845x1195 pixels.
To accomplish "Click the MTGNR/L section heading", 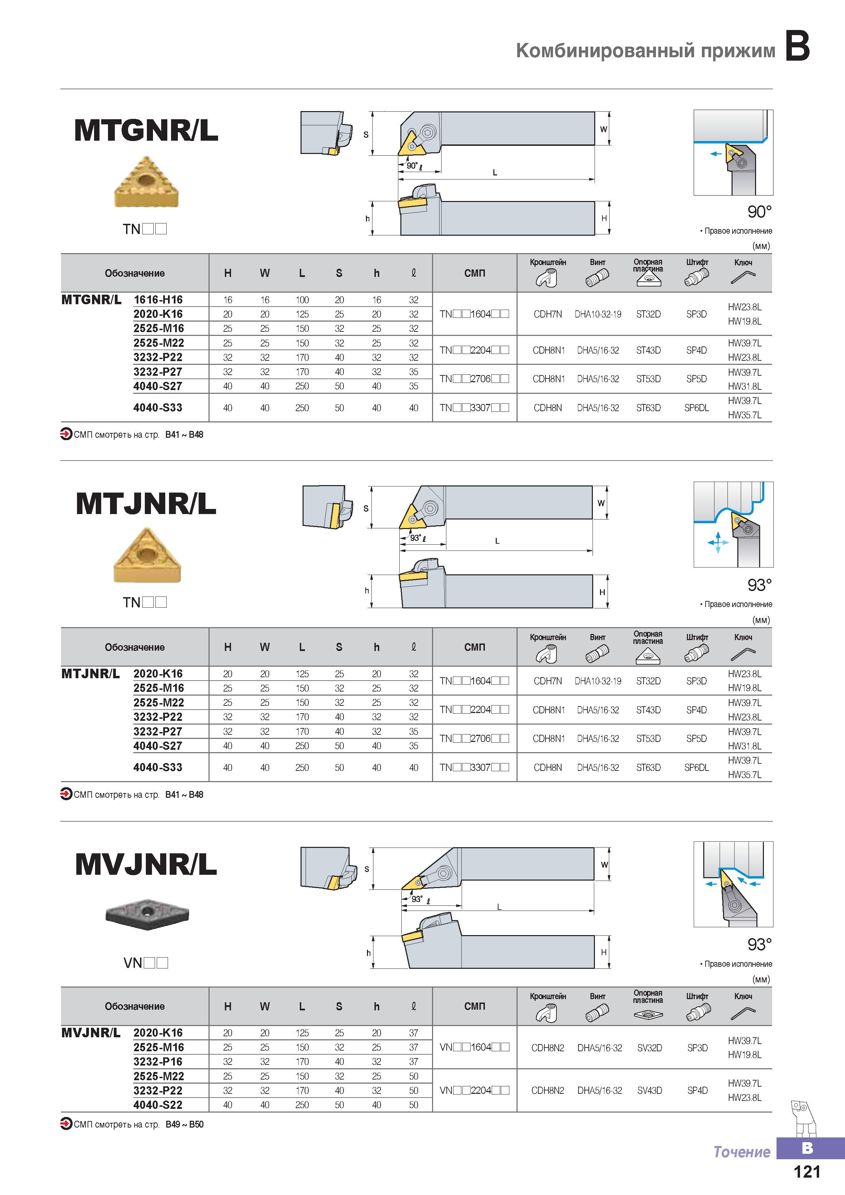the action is tap(146, 130).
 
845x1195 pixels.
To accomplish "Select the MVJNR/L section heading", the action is tap(146, 865).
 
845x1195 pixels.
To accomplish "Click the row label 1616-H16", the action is tap(158, 300).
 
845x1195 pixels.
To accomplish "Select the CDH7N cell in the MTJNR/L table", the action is tap(548, 681).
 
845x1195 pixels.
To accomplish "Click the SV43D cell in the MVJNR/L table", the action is tap(650, 1090).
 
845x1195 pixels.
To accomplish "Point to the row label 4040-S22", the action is tap(158, 1105).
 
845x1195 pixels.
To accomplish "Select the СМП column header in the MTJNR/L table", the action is tap(474, 647).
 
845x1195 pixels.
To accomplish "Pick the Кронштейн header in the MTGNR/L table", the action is tap(548, 262).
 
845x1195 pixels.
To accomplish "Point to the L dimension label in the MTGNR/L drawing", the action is tap(495, 173).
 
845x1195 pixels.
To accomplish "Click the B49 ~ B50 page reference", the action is tap(184, 1124).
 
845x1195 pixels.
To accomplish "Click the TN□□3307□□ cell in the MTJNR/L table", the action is tap(474, 767).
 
